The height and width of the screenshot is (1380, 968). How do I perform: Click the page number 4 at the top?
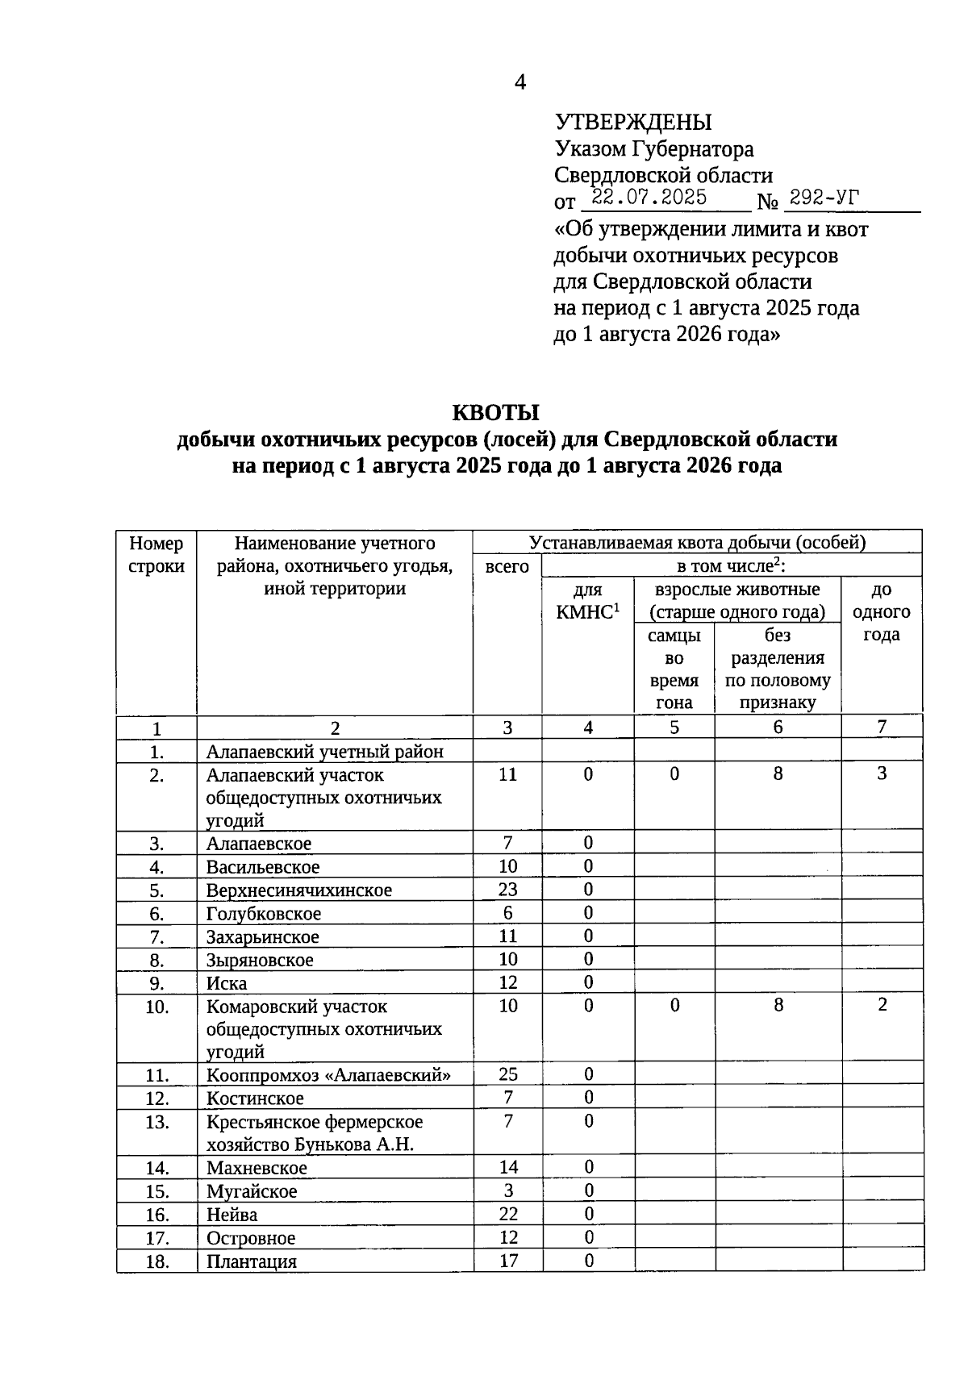(520, 82)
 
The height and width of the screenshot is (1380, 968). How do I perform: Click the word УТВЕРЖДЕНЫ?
(633, 123)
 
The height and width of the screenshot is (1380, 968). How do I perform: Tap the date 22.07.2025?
(649, 198)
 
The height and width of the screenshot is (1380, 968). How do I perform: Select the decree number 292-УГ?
(824, 198)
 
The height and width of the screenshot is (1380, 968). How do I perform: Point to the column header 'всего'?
(507, 566)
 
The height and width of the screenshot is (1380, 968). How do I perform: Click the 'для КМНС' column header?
(588, 600)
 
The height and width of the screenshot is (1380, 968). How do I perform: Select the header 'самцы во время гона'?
(674, 669)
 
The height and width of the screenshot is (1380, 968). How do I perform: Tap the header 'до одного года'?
(882, 611)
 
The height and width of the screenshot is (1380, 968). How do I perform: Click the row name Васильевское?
(263, 867)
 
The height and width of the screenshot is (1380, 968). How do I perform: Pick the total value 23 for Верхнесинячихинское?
(508, 890)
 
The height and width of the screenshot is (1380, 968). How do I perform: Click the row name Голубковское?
(264, 914)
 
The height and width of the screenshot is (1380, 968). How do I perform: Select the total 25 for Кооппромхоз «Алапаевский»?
(508, 1074)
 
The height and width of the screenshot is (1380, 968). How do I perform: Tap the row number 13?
(156, 1122)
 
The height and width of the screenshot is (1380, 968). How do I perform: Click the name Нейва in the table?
(232, 1215)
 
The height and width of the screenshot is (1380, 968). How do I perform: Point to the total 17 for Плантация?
(508, 1261)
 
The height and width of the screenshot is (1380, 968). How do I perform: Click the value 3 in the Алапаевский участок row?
(882, 773)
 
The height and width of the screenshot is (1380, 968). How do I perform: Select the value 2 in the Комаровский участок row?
(882, 1005)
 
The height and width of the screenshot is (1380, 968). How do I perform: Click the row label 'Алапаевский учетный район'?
(325, 753)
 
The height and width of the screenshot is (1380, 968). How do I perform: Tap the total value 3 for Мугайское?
(508, 1191)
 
